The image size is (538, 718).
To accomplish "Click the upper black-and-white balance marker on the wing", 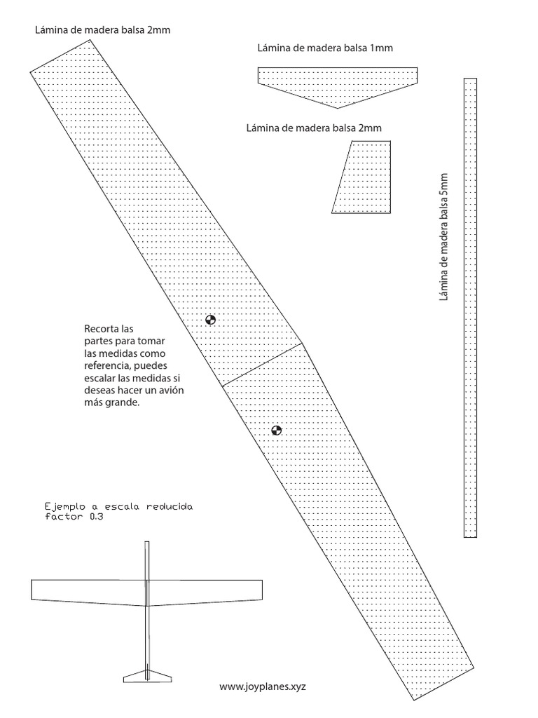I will tap(211, 320).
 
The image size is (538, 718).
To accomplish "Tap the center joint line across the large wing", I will tap(263, 365).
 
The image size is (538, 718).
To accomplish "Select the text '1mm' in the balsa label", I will tap(381, 48).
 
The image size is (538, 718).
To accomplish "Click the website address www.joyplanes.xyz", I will tap(263, 688).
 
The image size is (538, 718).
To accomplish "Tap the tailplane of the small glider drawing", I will tap(148, 677).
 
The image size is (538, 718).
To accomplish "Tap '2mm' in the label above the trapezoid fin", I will tap(370, 128).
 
